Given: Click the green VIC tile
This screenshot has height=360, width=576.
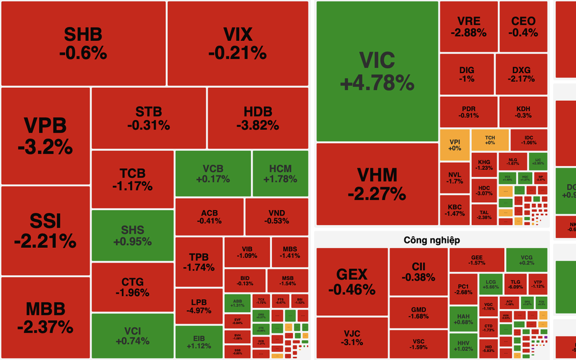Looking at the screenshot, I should pyautogui.click(x=377, y=71).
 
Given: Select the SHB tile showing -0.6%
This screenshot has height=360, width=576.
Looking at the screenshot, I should pyautogui.click(x=83, y=43).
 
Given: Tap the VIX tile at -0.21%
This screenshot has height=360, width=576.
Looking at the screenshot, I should pyautogui.click(x=238, y=43).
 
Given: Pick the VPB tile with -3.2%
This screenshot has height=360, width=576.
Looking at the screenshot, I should pyautogui.click(x=45, y=136).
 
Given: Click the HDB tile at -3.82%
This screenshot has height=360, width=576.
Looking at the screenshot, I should pyautogui.click(x=258, y=118).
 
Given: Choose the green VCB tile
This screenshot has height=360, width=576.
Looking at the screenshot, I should pyautogui.click(x=212, y=173).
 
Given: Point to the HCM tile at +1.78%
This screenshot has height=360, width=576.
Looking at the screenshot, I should pyautogui.click(x=280, y=173).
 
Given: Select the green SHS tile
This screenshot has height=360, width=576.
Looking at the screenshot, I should pyautogui.click(x=133, y=235).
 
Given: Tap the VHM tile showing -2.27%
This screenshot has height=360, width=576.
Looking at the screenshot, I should pyautogui.click(x=377, y=183).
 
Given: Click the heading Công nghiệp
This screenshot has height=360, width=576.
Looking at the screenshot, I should pyautogui.click(x=432, y=240).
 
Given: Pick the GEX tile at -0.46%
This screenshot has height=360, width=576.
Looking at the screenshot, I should pyautogui.click(x=352, y=281).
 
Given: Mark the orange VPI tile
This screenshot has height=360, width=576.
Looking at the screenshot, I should pyautogui.click(x=455, y=144).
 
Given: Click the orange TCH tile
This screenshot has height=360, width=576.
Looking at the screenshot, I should pyautogui.click(x=490, y=139).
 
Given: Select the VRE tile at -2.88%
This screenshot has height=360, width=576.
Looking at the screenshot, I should pyautogui.click(x=469, y=27).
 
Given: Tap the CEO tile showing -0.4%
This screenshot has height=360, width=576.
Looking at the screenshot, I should pyautogui.click(x=524, y=27).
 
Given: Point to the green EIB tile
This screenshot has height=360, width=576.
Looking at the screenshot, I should pyautogui.click(x=199, y=341).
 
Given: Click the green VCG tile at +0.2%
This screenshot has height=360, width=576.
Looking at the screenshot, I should pyautogui.click(x=526, y=259).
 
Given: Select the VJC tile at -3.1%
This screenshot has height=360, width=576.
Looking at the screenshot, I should pyautogui.click(x=352, y=338).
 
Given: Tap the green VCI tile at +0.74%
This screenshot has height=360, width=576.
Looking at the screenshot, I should pyautogui.click(x=133, y=336).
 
